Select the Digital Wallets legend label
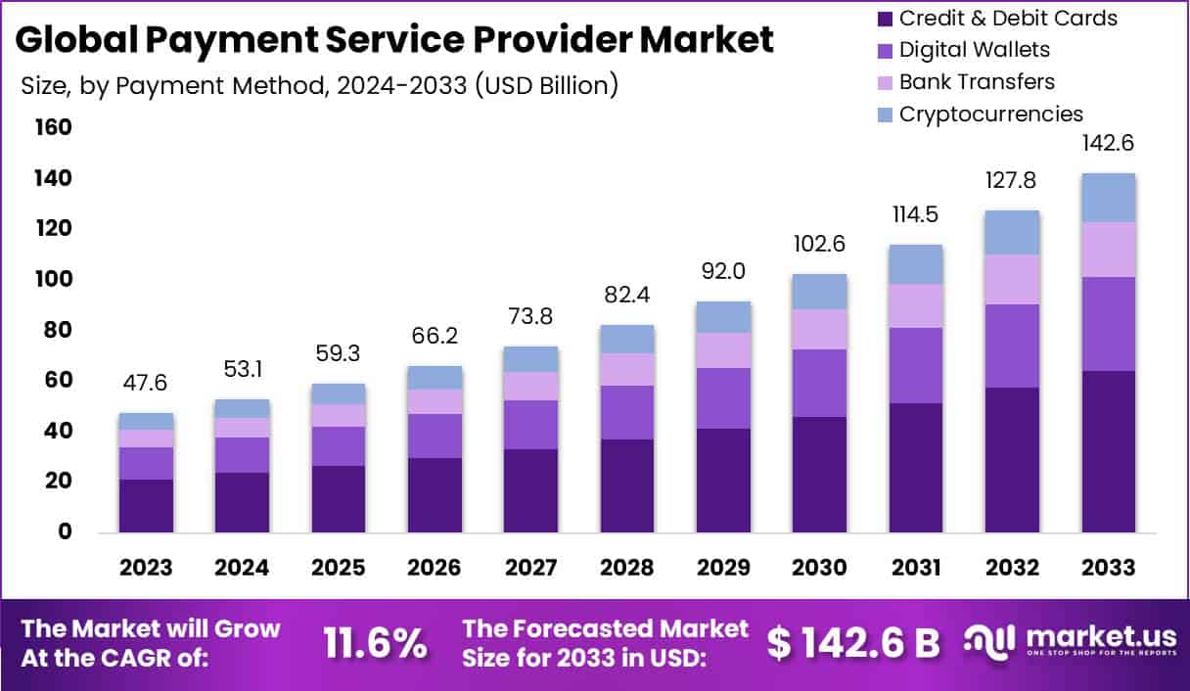pyautogui.click(x=974, y=49)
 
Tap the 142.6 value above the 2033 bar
pyautogui.click(x=1109, y=143)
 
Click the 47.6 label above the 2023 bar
pyautogui.click(x=146, y=384)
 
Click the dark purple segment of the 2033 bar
pyautogui.click(x=1109, y=451)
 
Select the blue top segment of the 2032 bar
pyautogui.click(x=1013, y=232)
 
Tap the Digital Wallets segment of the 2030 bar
pyautogui.click(x=819, y=383)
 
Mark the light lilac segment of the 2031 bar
pyautogui.click(x=916, y=305)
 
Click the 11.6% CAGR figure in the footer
pyautogui.click(x=376, y=643)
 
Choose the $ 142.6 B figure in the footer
pyautogui.click(x=852, y=643)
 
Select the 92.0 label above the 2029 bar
pyautogui.click(x=723, y=271)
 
